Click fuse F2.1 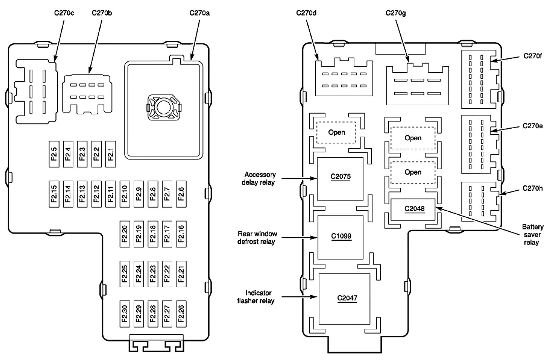coord(110,154)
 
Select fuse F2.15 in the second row coord(54,194)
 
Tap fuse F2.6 coord(181,194)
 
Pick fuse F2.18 coord(153,233)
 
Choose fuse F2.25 coord(125,274)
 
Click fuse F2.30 coord(125,314)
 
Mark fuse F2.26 coord(181,314)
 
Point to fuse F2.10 coord(125,194)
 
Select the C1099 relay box coord(341,237)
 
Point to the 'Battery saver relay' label coord(532,235)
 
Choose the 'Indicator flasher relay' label coord(256,297)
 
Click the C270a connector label coord(199,13)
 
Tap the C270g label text coord(395,13)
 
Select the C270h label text coord(532,188)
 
